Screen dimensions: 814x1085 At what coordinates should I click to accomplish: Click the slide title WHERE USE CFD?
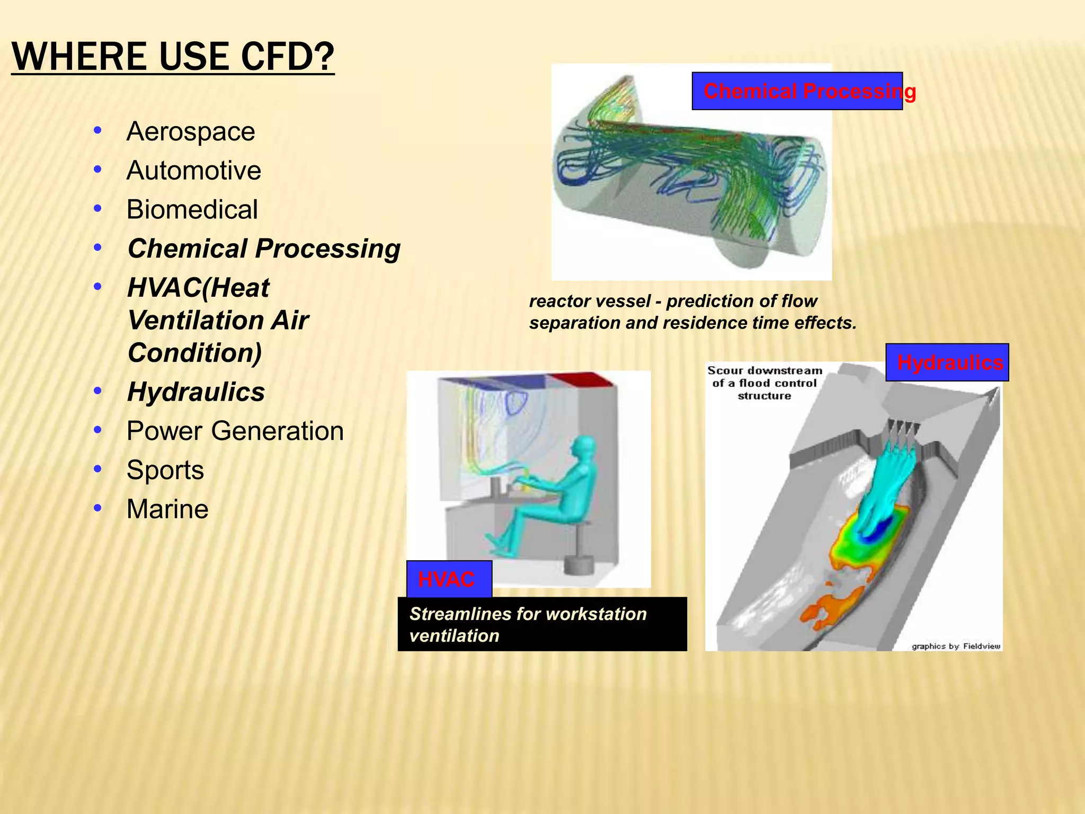(x=173, y=57)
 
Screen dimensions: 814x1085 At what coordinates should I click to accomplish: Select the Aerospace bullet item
(x=190, y=131)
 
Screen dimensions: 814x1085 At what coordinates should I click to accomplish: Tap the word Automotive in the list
(x=193, y=171)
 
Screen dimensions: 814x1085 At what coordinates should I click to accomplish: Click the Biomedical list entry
(x=192, y=209)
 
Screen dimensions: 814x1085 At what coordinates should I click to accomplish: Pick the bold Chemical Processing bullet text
(x=263, y=249)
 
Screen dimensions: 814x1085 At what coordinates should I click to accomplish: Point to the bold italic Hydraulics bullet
(x=196, y=392)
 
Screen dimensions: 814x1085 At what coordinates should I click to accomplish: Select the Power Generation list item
(x=235, y=431)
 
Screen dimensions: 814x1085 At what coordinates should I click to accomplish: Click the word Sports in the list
(x=165, y=470)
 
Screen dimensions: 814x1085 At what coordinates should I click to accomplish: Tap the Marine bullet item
(x=167, y=509)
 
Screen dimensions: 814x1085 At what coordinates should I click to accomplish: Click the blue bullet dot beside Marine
(x=97, y=508)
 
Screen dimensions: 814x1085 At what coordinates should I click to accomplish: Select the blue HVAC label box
(x=449, y=579)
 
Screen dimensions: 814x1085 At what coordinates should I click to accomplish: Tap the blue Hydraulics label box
(x=947, y=362)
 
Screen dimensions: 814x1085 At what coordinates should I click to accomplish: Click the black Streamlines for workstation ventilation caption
(x=541, y=624)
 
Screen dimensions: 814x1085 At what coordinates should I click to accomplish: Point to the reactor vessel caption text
(x=691, y=312)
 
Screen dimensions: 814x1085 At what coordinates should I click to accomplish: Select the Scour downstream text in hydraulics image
(x=764, y=383)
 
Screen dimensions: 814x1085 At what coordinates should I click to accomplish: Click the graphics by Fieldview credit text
(x=955, y=646)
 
